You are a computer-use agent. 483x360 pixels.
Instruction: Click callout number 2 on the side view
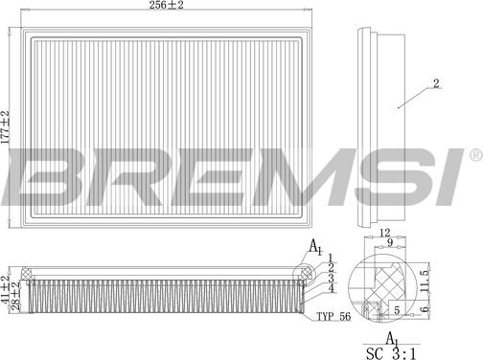(x=435, y=85)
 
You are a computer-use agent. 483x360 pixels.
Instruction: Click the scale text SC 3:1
(x=390, y=353)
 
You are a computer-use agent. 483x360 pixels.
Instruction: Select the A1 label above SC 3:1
(x=391, y=338)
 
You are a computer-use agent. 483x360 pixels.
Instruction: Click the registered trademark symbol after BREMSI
(x=473, y=154)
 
